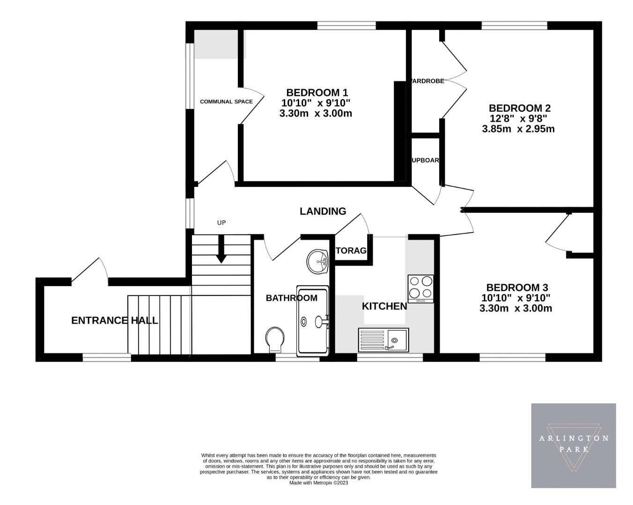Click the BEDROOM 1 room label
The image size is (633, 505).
(x=317, y=93)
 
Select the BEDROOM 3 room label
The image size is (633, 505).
(x=517, y=288)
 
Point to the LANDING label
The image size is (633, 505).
(x=323, y=211)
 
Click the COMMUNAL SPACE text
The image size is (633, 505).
(x=226, y=101)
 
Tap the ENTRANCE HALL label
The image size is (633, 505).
(x=114, y=320)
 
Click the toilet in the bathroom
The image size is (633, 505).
(x=274, y=339)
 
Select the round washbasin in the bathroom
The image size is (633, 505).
(x=319, y=260)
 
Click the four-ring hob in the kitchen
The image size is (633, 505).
(x=420, y=288)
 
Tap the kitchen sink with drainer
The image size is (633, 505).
(x=383, y=340)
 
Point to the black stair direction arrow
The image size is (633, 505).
(x=221, y=249)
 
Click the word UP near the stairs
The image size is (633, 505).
(x=221, y=223)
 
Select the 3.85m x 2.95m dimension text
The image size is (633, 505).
(x=518, y=129)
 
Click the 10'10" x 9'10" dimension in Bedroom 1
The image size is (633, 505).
(x=316, y=103)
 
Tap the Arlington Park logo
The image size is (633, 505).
(x=573, y=446)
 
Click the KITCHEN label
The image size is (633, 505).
(x=384, y=306)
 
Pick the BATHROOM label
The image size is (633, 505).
(x=291, y=298)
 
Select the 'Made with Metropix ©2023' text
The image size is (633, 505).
(x=318, y=483)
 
